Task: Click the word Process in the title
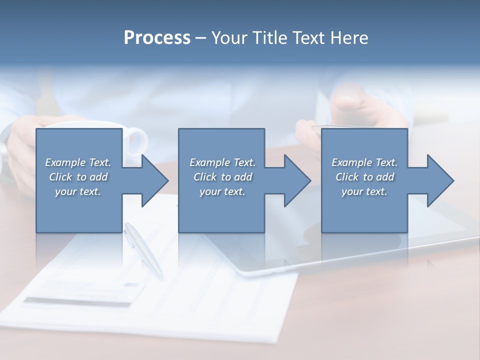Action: (x=157, y=38)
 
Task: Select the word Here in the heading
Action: (x=348, y=38)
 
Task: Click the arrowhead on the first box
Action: (x=155, y=180)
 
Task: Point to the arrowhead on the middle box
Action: (x=297, y=180)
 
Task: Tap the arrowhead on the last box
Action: (x=440, y=180)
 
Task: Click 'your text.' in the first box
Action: (x=78, y=191)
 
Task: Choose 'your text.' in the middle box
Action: (x=222, y=191)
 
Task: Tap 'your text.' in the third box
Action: (x=364, y=191)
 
